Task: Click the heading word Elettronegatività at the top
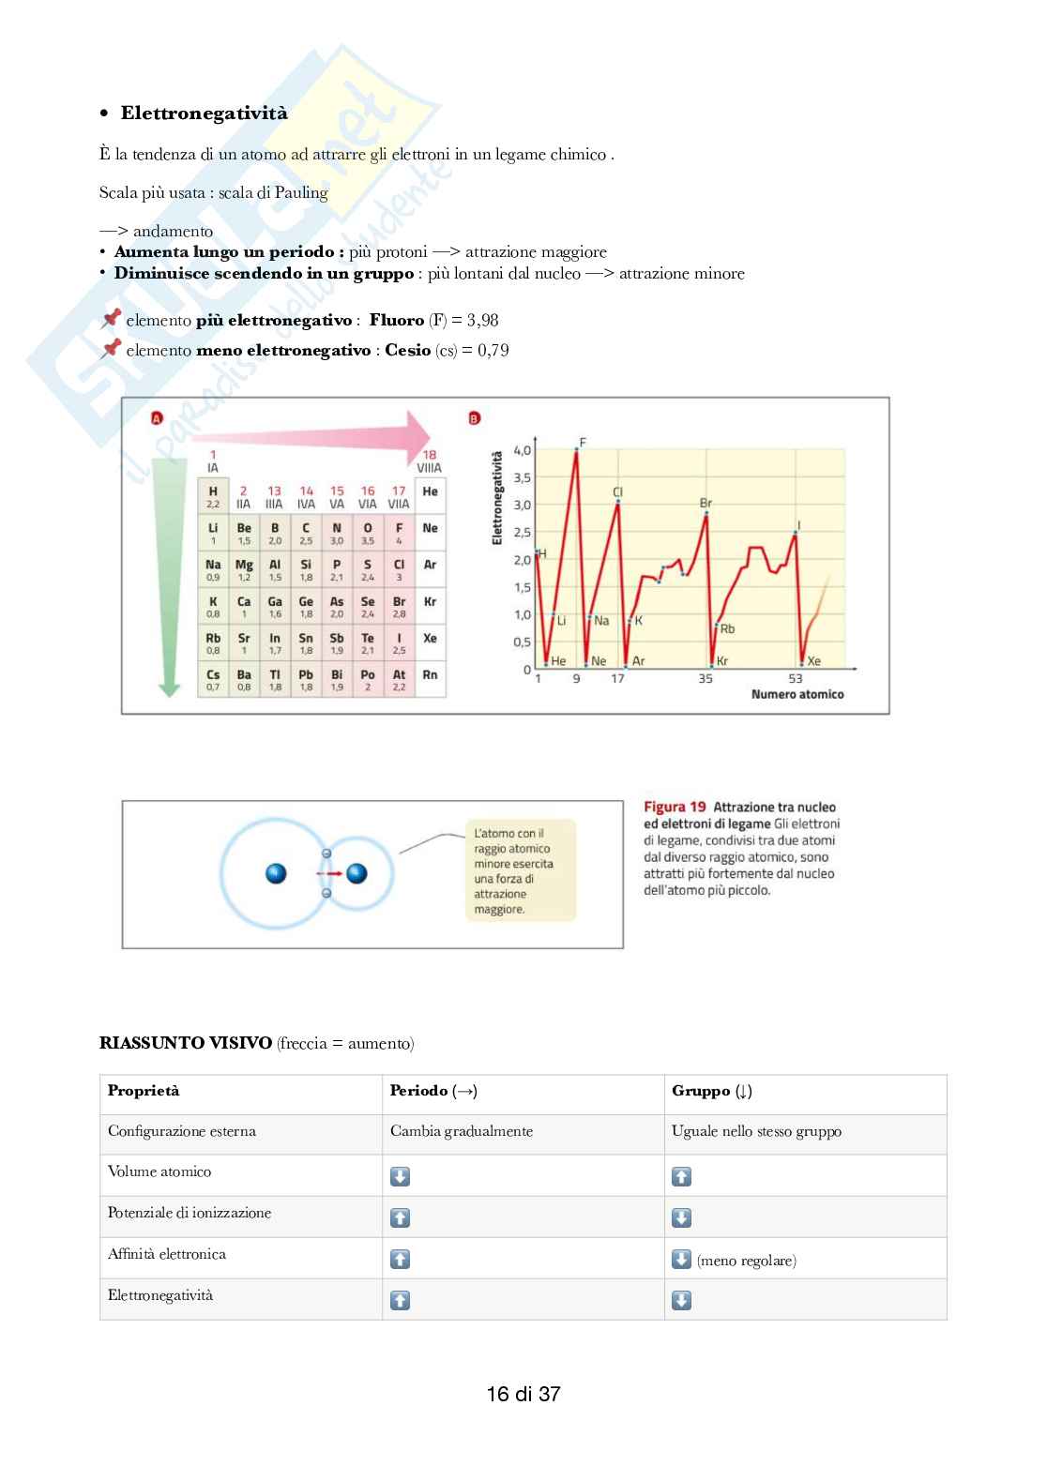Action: (204, 113)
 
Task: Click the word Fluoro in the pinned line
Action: (396, 320)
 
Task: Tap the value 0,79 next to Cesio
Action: (493, 350)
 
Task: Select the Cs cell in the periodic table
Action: (213, 679)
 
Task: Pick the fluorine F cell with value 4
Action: (399, 533)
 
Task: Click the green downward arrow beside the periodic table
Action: (169, 572)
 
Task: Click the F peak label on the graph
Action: (583, 442)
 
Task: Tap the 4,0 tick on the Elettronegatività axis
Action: (522, 450)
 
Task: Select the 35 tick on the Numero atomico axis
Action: (706, 678)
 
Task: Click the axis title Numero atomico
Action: (797, 694)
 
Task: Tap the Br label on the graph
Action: (706, 503)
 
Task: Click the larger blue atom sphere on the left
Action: (276, 873)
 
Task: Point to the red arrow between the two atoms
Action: (330, 873)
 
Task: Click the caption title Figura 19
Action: (674, 807)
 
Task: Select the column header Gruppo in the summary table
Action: (701, 1091)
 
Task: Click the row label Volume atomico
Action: (159, 1171)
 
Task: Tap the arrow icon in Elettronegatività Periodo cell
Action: (400, 1300)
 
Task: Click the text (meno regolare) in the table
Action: (747, 1261)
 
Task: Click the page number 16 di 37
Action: (523, 1394)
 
